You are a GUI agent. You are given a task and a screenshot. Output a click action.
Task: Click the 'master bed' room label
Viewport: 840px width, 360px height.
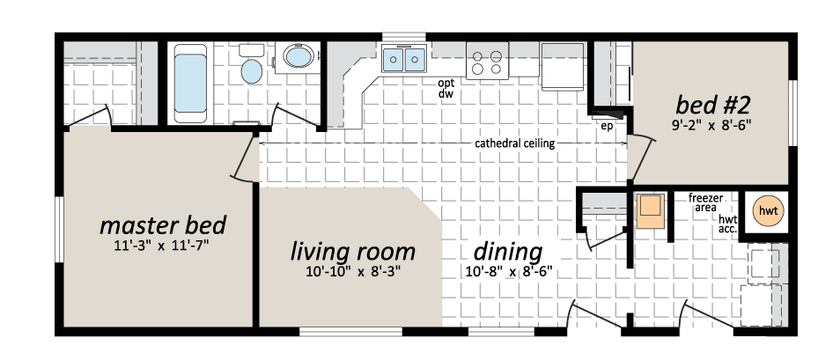click(163, 225)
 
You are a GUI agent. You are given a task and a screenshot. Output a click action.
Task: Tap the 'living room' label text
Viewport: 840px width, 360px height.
click(352, 252)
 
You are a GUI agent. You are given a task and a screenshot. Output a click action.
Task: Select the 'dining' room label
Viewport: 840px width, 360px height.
click(508, 252)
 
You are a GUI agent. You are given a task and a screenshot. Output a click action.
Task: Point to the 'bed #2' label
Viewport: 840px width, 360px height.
click(711, 106)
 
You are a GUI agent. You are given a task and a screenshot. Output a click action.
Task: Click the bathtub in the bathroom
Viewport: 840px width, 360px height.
click(190, 83)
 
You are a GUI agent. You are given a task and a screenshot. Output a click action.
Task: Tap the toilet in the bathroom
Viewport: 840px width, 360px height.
click(251, 65)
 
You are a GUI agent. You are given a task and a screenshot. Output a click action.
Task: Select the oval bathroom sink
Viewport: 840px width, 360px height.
click(298, 55)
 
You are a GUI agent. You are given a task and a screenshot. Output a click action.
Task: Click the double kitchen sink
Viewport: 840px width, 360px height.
click(404, 58)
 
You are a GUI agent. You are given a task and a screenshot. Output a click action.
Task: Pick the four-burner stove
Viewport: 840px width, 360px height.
click(487, 61)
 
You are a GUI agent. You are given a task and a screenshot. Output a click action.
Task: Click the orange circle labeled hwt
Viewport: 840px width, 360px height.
click(767, 210)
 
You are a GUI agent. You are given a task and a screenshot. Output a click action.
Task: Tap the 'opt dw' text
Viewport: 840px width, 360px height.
click(446, 89)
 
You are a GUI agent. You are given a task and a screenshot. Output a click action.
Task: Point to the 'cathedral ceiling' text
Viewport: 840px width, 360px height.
click(514, 143)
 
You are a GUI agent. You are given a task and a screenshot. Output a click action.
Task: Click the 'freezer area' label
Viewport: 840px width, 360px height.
click(706, 202)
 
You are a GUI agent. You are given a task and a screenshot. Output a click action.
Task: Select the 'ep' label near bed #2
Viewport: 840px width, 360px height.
click(607, 127)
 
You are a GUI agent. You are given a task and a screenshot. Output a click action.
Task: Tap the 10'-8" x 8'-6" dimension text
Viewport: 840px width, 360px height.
click(508, 272)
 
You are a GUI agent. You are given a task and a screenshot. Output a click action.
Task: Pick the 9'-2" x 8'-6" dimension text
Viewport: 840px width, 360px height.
click(711, 127)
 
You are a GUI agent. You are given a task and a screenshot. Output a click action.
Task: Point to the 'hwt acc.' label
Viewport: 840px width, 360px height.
click(727, 224)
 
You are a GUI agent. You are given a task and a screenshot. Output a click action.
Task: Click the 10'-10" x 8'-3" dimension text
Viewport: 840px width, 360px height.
click(354, 272)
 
